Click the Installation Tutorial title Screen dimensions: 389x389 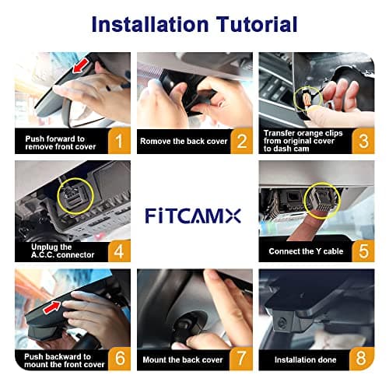(x=194, y=23)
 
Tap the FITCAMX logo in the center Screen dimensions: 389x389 (x=194, y=213)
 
